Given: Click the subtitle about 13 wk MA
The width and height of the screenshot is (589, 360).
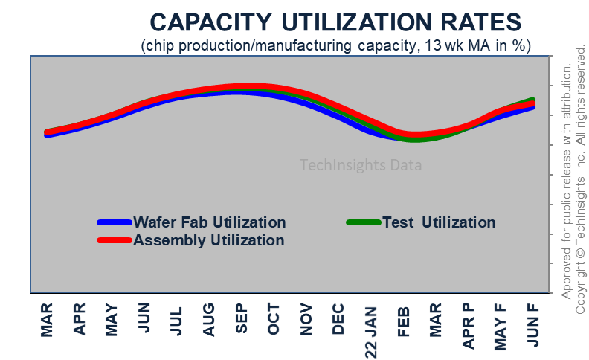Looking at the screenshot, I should pos(336,45).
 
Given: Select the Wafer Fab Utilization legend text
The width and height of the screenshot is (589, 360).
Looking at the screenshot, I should pos(209,222).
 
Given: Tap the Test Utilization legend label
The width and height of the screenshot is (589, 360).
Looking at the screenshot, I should pos(438,222).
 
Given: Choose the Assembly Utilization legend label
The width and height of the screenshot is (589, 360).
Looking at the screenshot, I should pos(208,240).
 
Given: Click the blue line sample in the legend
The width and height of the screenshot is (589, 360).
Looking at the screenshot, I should pos(115,222).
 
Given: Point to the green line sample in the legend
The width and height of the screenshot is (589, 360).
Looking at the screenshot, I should pos(364,222).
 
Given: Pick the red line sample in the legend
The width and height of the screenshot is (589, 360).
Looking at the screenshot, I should pos(115,240).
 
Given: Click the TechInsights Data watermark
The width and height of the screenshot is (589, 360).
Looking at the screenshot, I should pos(361,165).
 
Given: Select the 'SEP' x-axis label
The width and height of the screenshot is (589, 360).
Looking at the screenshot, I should pos(241,320).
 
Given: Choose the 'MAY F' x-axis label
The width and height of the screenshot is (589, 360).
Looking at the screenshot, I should pos(501,327).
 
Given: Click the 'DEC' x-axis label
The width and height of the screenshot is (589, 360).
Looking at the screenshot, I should pos(338,320).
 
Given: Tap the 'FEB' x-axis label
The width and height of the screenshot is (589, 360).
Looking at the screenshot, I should pos(404,320).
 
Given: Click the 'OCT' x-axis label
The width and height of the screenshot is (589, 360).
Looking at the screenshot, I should pos(274,320).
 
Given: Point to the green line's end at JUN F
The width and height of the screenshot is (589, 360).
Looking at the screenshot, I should pos(533,99).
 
